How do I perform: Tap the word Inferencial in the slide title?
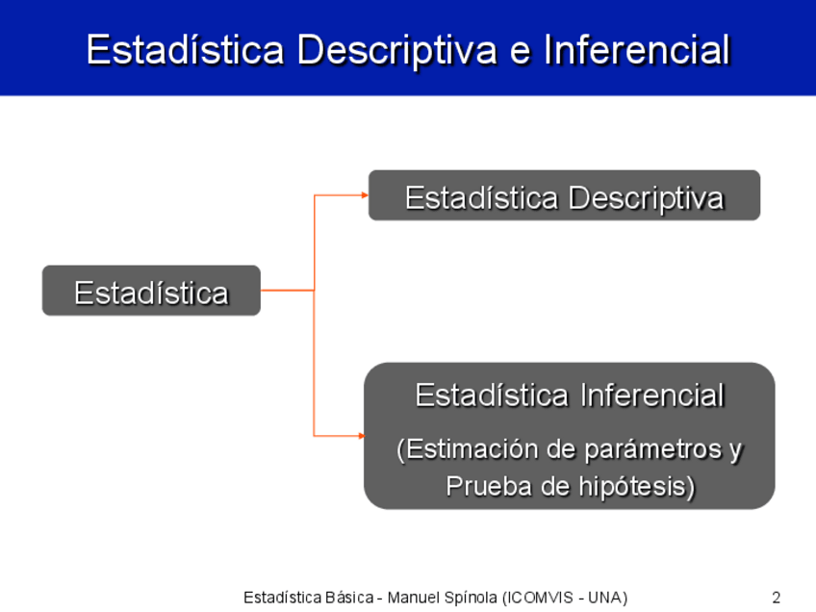(637, 50)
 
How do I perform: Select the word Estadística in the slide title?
(186, 50)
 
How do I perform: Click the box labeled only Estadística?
(151, 291)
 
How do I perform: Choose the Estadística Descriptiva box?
(564, 195)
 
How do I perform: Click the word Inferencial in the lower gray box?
(652, 395)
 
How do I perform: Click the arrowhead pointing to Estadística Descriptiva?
(365, 195)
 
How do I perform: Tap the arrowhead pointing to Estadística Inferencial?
(362, 436)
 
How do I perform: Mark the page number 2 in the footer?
(776, 598)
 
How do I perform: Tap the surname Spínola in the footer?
(473, 598)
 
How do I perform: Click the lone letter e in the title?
(521, 52)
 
